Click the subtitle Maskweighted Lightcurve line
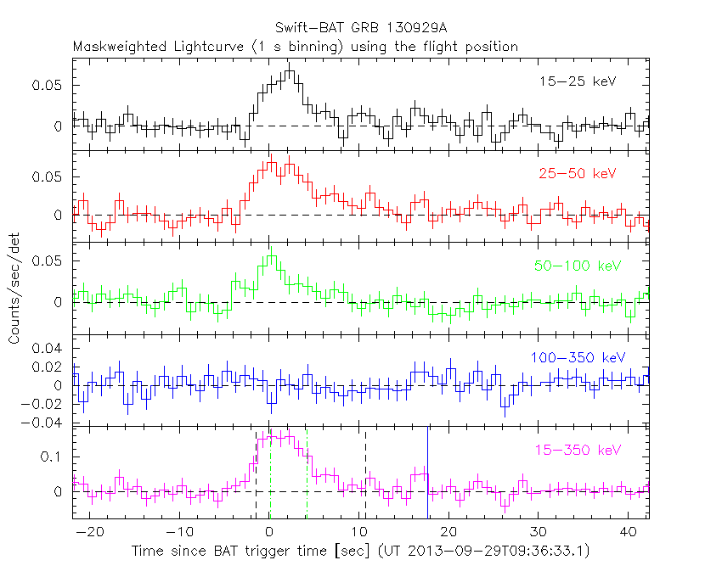tap(296, 47)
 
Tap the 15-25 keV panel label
tap(577, 82)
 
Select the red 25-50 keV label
tap(576, 174)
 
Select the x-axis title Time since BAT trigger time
tap(255, 552)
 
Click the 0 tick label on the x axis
tap(269, 531)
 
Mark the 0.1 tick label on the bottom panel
tap(53, 457)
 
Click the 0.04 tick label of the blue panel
tap(49, 349)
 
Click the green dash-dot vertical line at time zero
tap(270, 475)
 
